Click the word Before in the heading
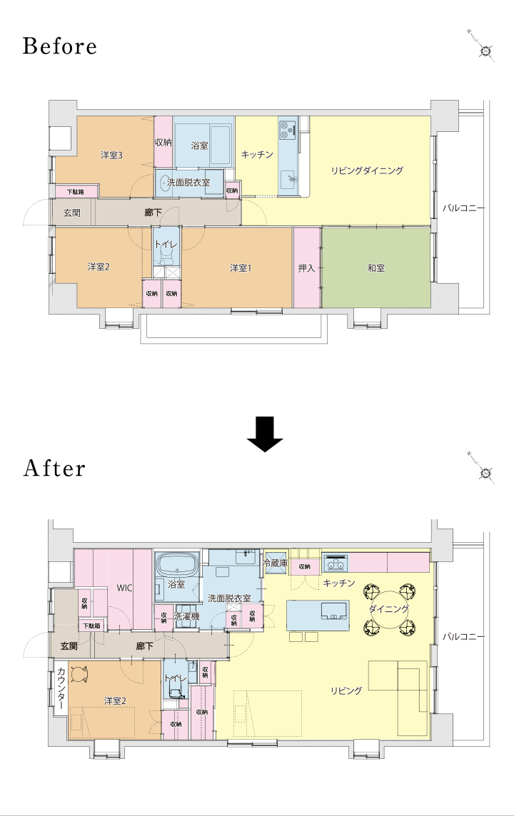pos(60,46)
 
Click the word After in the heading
pos(54,469)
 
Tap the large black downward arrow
pos(265,440)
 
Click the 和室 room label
pos(376,268)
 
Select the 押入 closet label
pos(306,268)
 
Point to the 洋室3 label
pos(111,155)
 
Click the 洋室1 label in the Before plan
pos(241,268)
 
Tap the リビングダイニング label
pos(367,170)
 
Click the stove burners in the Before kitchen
pos(287,129)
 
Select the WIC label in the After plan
pos(124,588)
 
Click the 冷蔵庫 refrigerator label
pos(275,563)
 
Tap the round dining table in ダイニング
pos(389,610)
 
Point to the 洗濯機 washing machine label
pos(186,617)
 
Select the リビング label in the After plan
pos(346,691)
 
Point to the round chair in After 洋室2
pos(79,674)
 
